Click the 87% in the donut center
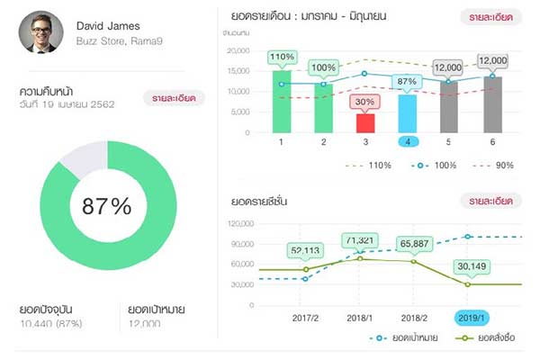pyautogui.click(x=107, y=205)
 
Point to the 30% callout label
pyautogui.click(x=365, y=102)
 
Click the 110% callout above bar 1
pyautogui.click(x=282, y=58)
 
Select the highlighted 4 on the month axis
pyautogui.click(x=408, y=142)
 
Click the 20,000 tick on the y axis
pyautogui.click(x=238, y=50)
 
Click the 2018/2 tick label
pyautogui.click(x=413, y=318)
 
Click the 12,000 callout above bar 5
pyautogui.click(x=447, y=67)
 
